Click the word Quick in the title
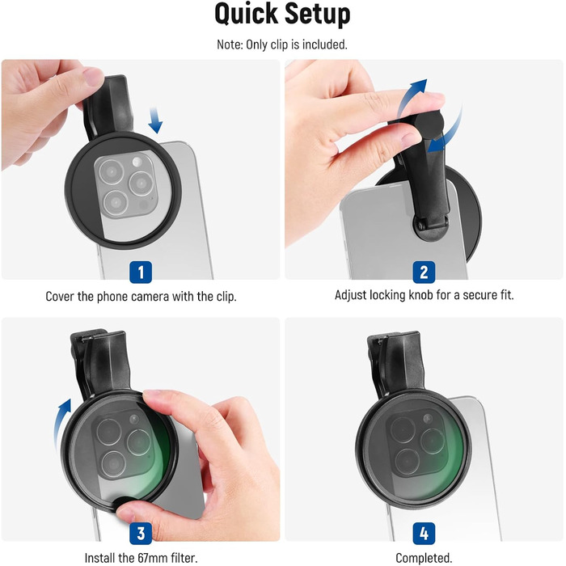point(246,14)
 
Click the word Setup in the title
point(318,14)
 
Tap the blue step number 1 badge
point(141,272)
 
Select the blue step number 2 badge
point(424,272)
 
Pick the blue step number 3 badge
point(141,533)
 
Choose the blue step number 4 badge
point(424,533)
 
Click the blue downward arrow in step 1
point(155,120)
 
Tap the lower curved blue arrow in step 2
point(451,133)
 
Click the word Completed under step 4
point(424,558)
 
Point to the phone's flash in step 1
point(137,162)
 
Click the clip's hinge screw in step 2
point(420,226)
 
